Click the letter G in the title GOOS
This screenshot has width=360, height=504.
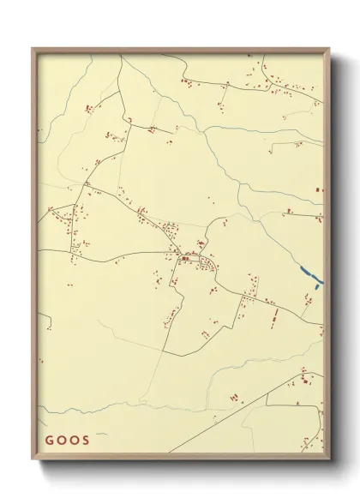click(x=48, y=441)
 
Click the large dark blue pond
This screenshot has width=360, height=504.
click(x=310, y=275)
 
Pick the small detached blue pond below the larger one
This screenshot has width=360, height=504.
click(x=317, y=287)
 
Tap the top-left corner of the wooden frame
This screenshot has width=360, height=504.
click(x=33, y=48)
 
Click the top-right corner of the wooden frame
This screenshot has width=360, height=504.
click(x=328, y=48)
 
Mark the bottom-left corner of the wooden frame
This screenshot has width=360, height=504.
click(x=33, y=459)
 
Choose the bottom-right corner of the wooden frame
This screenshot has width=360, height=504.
click(x=328, y=459)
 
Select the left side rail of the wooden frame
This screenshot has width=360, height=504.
click(x=34, y=257)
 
